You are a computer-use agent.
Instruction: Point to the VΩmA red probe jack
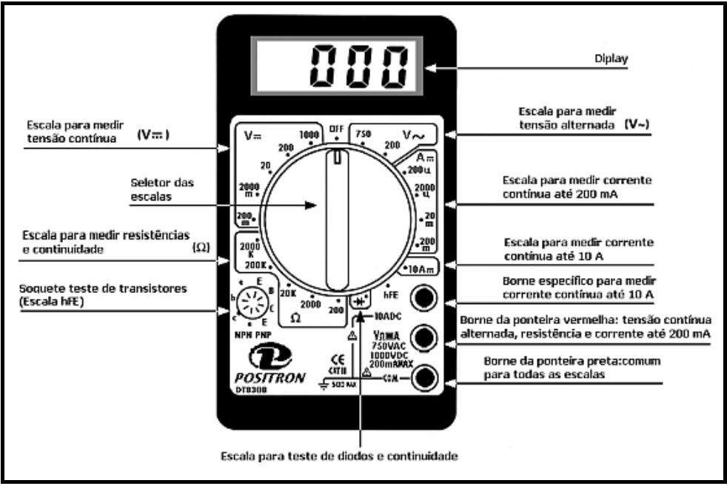point(424,337)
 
